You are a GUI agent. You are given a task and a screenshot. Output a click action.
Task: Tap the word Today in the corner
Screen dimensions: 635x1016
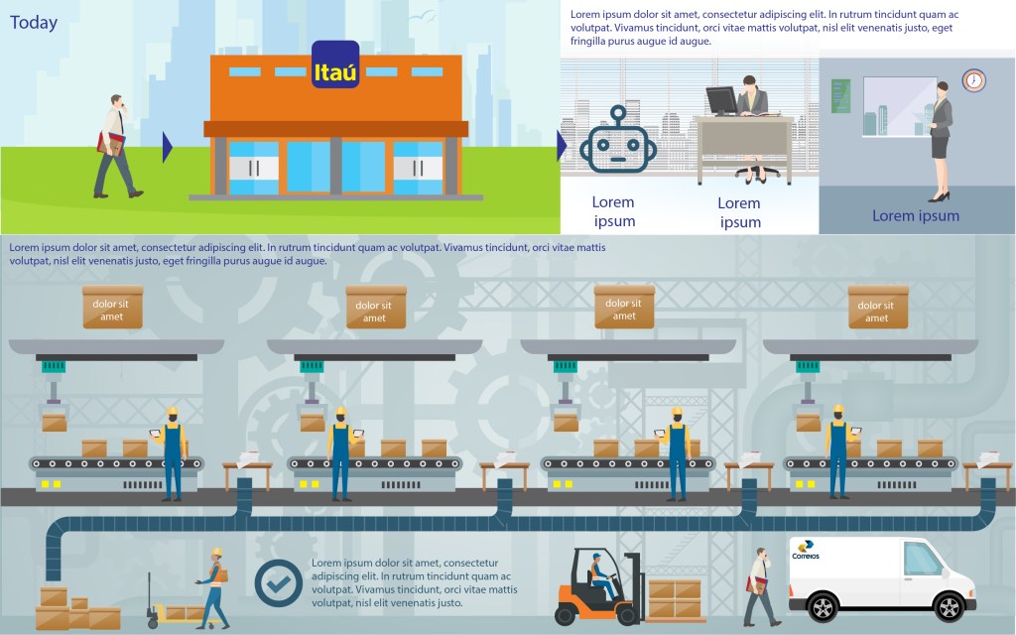[34, 23]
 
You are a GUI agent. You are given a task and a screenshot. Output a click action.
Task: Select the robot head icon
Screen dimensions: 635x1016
[617, 141]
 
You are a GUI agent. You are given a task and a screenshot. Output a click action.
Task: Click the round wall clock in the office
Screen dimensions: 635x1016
[973, 80]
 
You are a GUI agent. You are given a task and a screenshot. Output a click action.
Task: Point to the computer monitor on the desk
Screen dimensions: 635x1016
[721, 101]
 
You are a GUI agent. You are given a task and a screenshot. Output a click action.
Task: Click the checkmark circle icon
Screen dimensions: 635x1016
[279, 582]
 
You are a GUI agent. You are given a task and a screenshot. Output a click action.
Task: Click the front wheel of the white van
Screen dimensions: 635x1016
[823, 605]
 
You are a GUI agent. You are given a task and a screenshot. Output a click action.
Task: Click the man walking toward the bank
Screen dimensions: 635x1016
[115, 147]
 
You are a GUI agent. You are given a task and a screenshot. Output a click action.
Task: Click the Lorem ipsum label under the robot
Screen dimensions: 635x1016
[613, 211]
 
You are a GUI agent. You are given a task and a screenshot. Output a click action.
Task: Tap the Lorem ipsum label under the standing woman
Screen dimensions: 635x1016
[916, 215]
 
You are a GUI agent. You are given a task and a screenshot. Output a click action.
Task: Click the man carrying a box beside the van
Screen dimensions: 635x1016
[760, 585]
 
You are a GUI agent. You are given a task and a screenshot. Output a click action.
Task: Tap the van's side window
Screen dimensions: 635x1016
[922, 561]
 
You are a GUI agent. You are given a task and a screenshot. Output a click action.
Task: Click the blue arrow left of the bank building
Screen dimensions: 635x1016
[168, 148]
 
